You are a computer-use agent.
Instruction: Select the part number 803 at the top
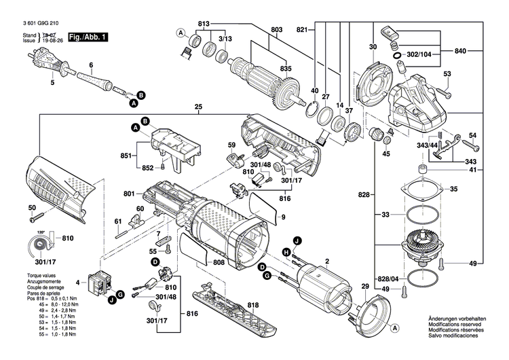(276, 30)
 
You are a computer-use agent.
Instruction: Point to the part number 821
(303, 30)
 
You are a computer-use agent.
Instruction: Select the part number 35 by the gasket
(454, 189)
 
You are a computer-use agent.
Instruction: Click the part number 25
(198, 107)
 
